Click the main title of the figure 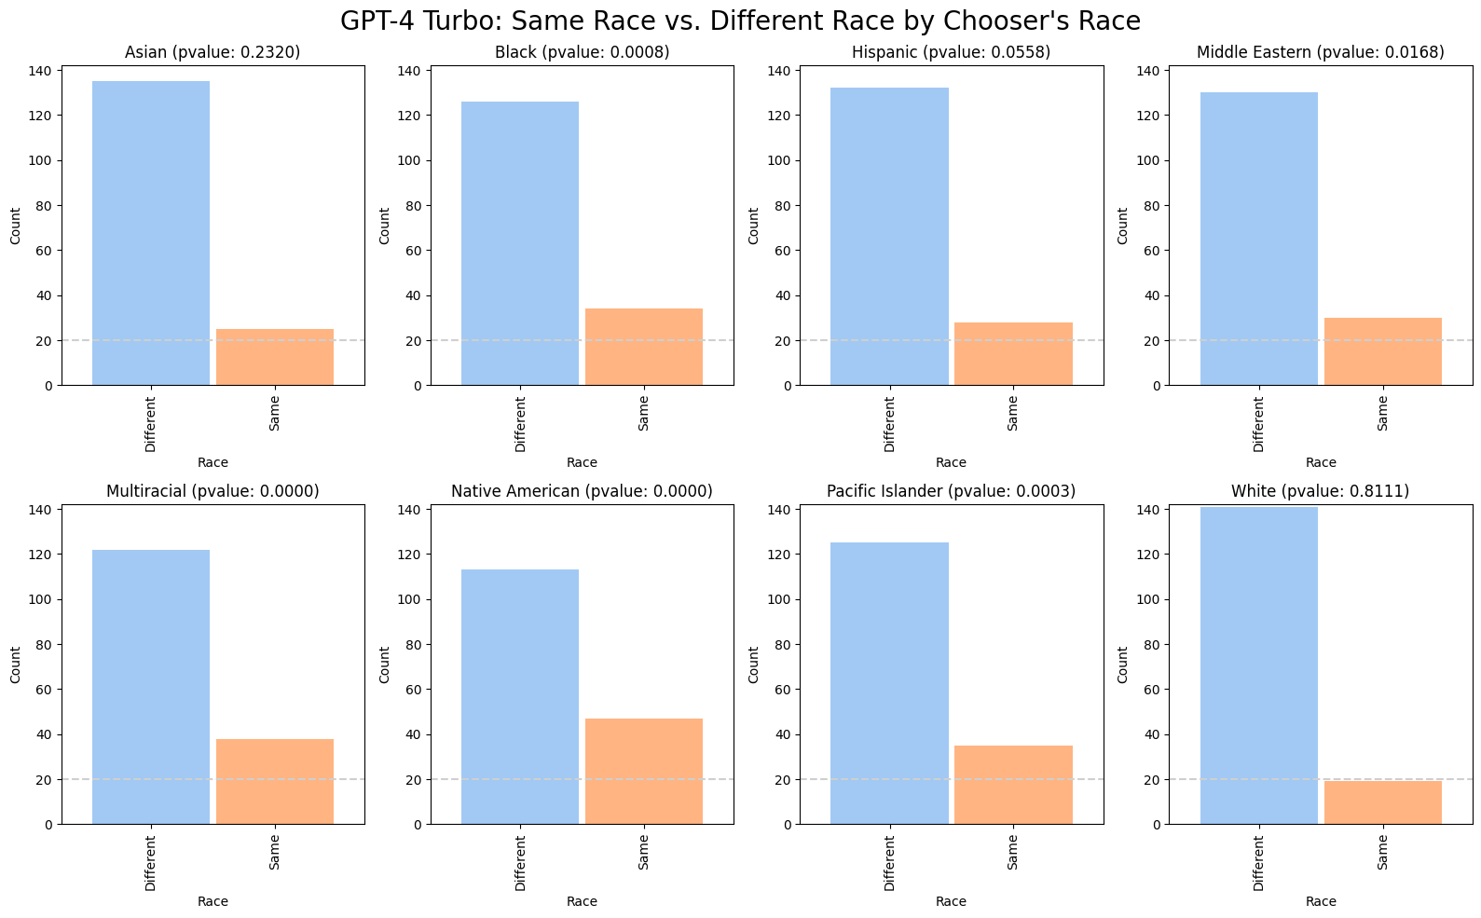[740, 21]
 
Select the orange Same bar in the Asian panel [274, 357]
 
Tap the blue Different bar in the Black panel [520, 243]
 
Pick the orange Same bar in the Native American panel [644, 771]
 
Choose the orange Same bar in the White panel [1382, 802]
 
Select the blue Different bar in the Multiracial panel [151, 687]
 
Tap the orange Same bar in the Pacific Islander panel [1013, 785]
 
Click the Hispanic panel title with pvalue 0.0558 [951, 52]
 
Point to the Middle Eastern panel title [1320, 52]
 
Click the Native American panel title [582, 491]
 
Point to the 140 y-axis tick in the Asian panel [43, 71]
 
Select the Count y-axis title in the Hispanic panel [753, 226]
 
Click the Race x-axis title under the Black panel [582, 462]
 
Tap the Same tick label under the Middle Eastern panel [1382, 413]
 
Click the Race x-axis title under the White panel [1320, 901]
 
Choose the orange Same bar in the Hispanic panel [1013, 353]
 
